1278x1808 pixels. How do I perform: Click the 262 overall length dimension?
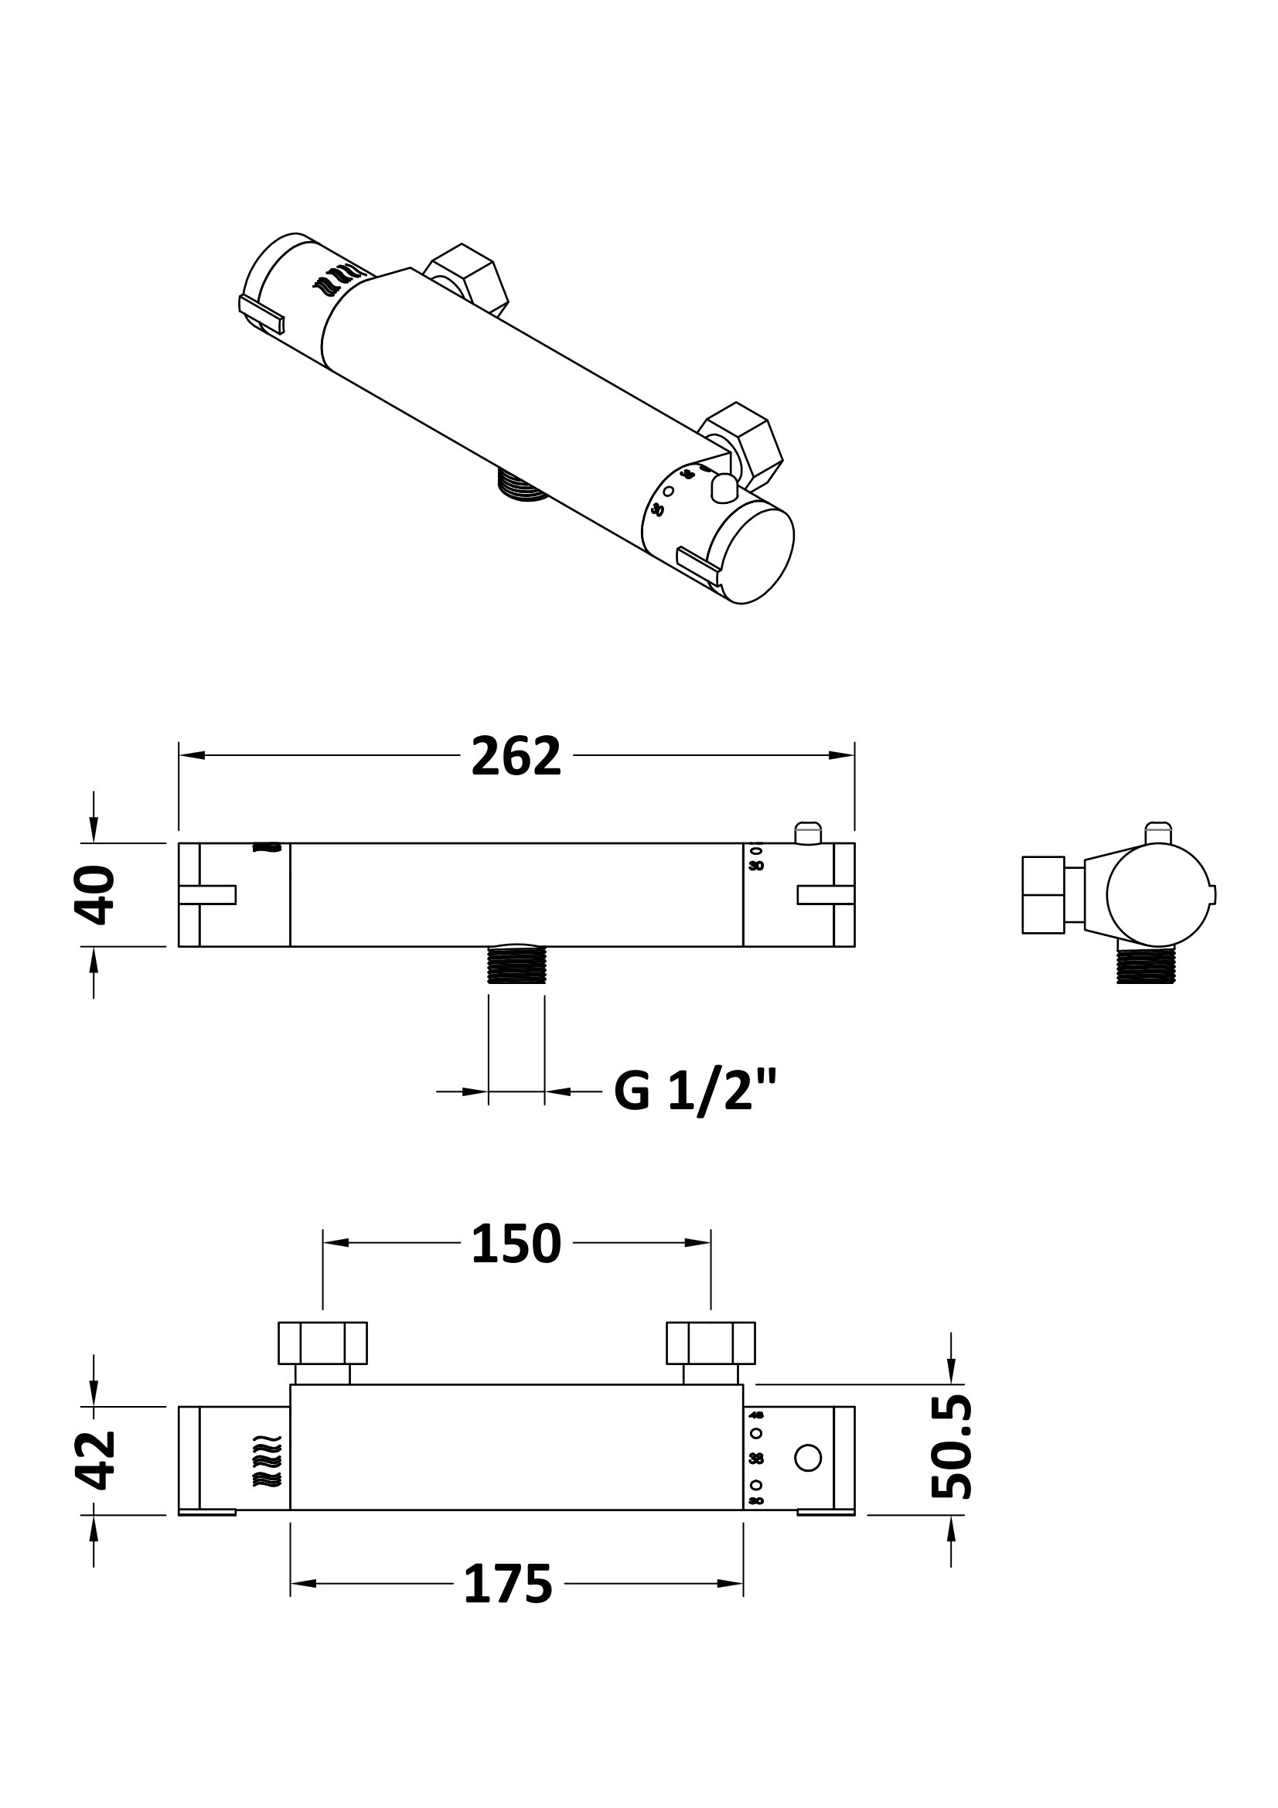[516, 756]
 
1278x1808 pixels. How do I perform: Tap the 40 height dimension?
[94, 894]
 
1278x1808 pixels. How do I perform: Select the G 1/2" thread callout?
[694, 1092]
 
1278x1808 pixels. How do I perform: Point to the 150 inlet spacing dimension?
[516, 1244]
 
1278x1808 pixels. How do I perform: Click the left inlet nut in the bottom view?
[323, 1343]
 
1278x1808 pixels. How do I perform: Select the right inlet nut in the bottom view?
[711, 1343]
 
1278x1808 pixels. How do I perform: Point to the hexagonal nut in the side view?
[1042, 895]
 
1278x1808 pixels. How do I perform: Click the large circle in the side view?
[1157, 894]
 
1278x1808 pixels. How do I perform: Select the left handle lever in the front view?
[208, 894]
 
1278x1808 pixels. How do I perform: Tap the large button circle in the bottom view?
[808, 1459]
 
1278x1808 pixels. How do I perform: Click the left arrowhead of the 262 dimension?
[193, 756]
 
